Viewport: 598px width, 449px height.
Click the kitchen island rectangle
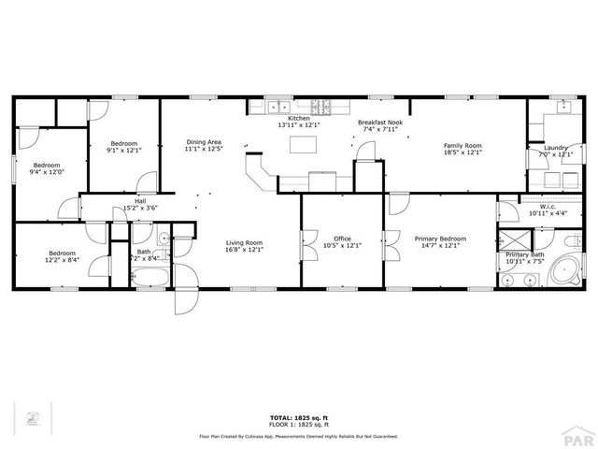301,145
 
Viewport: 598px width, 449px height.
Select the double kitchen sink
278,105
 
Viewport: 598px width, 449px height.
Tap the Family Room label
462,146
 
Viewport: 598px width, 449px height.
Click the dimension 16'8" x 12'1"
244,250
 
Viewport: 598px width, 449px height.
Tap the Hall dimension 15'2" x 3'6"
140,209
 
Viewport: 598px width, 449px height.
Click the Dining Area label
202,141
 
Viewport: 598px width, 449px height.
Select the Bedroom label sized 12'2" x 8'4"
63,253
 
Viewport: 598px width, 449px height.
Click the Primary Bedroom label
440,239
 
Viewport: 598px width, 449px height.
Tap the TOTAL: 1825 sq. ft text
298,417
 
